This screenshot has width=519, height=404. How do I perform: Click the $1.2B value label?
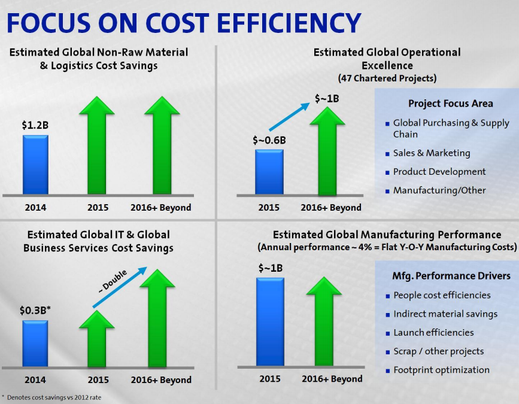click(36, 126)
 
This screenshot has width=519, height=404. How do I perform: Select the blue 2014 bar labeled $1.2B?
click(35, 165)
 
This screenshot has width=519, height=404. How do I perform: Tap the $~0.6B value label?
click(268, 141)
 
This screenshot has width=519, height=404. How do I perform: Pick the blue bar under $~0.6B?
click(269, 172)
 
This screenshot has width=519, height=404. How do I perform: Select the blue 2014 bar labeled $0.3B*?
click(35, 344)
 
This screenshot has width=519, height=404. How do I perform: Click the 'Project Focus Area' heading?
click(451, 104)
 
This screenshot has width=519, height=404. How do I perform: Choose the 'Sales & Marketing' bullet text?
click(431, 153)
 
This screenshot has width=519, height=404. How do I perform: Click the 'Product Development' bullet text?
click(439, 172)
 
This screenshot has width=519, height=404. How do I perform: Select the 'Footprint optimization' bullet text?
click(441, 370)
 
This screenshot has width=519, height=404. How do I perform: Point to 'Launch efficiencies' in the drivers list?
click(433, 332)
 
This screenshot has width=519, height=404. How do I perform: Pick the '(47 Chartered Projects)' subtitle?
click(387, 78)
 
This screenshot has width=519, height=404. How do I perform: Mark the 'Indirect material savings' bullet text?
click(445, 314)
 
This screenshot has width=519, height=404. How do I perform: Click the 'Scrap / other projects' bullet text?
click(438, 351)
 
